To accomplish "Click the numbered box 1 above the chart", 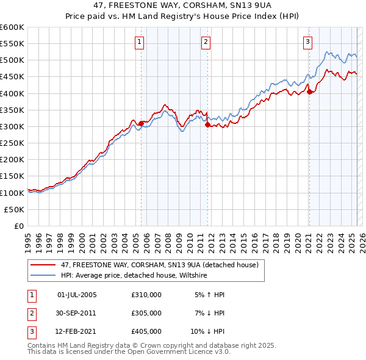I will (x=140, y=42).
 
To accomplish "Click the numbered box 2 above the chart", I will (x=206, y=42).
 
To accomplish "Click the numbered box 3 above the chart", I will (x=307, y=42).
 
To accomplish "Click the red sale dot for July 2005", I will (x=141, y=123).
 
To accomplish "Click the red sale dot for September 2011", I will (x=208, y=124).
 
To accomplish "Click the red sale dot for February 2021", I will (x=309, y=92).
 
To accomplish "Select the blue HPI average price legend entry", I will (x=134, y=276).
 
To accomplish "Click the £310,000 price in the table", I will (x=146, y=295).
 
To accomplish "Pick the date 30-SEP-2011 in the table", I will (x=76, y=313).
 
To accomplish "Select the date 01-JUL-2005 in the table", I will (x=76, y=295).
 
